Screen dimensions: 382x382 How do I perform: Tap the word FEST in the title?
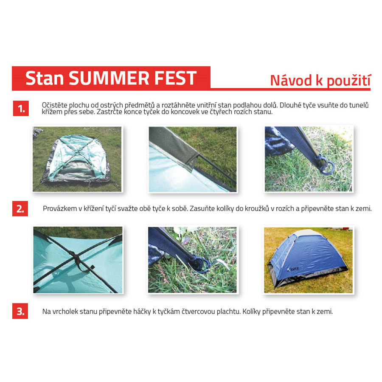pos(175,78)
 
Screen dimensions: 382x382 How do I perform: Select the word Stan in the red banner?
pos(45,78)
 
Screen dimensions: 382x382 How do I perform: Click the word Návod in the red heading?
pos(291,80)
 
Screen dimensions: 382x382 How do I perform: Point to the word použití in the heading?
pos(348,81)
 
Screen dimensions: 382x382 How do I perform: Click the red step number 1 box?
pos(21,108)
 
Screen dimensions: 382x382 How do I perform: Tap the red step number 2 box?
pos(20,209)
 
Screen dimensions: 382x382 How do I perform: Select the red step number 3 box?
pos(20,311)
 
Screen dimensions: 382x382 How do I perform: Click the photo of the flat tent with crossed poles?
pos(77,159)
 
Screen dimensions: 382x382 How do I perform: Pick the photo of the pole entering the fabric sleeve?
pos(193,159)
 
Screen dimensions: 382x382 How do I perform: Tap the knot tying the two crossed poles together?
pos(76,256)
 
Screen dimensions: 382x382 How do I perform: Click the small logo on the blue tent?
pos(293,269)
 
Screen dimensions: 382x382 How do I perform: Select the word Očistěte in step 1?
pos(55,105)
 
